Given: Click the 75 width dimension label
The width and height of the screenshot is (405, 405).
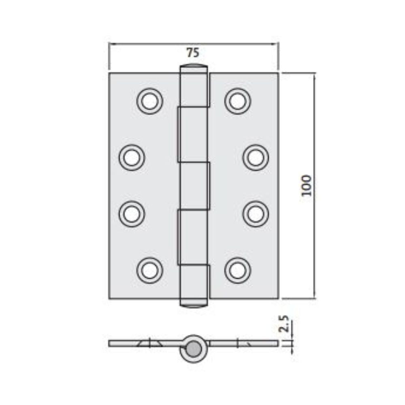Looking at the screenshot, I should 193,53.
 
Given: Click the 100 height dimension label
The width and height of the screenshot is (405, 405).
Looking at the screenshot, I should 307,185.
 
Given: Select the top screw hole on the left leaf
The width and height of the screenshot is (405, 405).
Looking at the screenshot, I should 150,101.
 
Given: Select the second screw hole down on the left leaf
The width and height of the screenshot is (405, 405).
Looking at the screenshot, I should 132,157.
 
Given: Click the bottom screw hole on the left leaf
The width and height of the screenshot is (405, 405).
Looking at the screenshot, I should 150,270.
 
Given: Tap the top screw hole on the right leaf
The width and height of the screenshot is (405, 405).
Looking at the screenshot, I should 238,101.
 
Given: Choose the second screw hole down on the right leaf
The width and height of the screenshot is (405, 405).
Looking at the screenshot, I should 256,157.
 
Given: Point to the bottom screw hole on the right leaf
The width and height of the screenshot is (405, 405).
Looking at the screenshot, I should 238,270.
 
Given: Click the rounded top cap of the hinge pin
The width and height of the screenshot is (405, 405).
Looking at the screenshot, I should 194,66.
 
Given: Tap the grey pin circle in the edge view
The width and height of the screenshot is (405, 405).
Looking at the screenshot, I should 194,348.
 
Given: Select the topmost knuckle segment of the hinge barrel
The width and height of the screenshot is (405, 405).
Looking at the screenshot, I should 194,87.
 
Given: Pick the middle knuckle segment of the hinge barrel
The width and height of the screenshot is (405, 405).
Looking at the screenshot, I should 194,185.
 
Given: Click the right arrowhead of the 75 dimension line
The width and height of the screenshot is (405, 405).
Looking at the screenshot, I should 276,43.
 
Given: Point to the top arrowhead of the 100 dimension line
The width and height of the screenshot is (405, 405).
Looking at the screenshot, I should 315,76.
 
